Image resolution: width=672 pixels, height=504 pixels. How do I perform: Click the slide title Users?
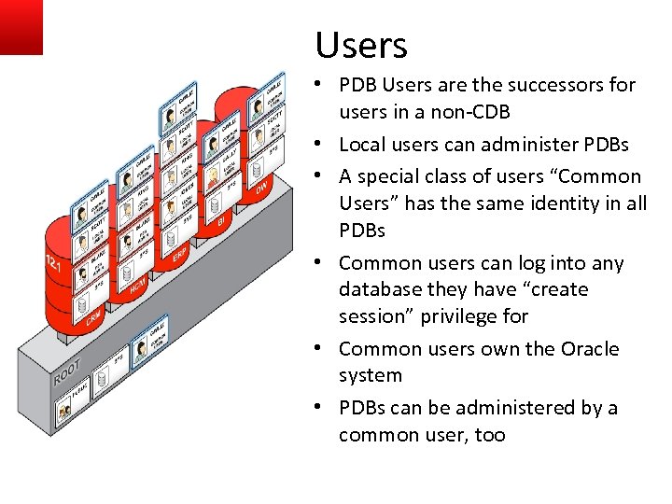click(361, 45)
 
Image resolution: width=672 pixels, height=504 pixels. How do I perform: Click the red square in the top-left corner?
click(21, 26)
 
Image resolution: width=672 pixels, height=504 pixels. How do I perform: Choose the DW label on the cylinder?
click(262, 187)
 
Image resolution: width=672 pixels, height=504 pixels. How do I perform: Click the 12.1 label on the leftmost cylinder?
click(54, 266)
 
